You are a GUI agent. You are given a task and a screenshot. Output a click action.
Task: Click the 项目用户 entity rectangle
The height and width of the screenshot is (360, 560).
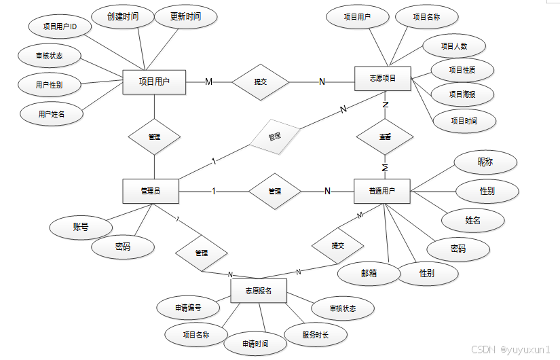coord(154,82)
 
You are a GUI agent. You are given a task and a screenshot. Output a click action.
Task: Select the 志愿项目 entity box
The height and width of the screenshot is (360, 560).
coord(383,79)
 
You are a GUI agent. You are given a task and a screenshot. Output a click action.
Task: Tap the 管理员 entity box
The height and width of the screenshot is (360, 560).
coord(151,191)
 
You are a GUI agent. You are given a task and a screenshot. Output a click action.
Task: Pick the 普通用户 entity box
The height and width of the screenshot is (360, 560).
coord(383,191)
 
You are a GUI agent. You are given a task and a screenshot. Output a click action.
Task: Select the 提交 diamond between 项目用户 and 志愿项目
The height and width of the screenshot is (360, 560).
coord(261,82)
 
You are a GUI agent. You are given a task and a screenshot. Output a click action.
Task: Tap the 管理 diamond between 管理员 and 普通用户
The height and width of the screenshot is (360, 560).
coord(274,192)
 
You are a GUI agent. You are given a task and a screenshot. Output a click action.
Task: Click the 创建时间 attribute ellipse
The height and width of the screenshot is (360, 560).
coord(122,16)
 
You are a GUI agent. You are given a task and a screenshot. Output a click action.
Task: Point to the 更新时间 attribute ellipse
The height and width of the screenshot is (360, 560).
coord(185,16)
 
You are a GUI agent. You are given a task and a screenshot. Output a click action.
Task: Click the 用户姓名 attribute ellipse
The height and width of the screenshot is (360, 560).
coord(52,113)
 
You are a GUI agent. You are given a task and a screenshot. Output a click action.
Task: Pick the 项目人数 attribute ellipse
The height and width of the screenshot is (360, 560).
coord(454,46)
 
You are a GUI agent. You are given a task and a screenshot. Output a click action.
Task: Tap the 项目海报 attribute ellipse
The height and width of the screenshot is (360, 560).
coord(462,94)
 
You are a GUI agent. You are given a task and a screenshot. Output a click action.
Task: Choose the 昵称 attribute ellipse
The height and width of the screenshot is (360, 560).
coord(485,162)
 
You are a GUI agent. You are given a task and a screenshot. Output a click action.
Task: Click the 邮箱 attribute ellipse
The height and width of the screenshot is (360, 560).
coord(369,273)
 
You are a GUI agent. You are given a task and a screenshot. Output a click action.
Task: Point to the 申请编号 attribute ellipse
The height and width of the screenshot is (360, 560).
coord(188,308)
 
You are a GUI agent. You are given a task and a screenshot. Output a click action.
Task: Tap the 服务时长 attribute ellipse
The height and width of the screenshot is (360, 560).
coord(316,334)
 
